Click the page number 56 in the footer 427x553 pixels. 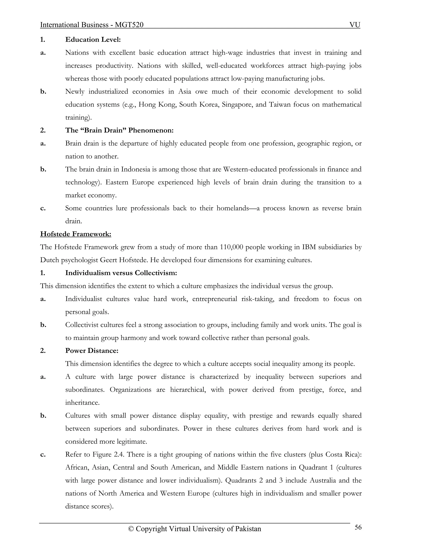click(358, 527)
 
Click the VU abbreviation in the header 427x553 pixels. click(355, 25)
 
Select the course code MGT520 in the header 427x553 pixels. click(129, 25)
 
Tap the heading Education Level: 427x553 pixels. click(93, 39)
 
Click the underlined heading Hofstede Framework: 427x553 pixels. click(76, 234)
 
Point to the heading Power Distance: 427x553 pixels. click(92, 351)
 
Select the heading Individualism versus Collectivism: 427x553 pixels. click(121, 273)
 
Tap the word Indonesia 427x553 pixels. click(136, 169)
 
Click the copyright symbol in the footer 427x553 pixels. click(131, 529)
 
